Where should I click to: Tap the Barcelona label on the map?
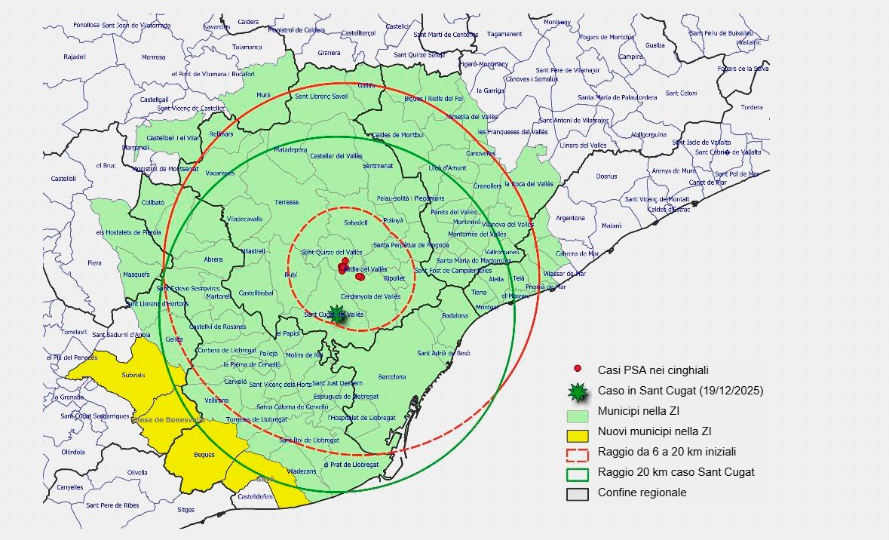click(391, 377)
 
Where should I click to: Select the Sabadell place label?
click(355, 223)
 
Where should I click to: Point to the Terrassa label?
click(287, 202)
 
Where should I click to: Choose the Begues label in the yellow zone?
click(204, 455)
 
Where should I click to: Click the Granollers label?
click(487, 186)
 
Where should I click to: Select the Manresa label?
click(153, 57)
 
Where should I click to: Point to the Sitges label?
click(185, 510)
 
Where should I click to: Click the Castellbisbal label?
click(255, 293)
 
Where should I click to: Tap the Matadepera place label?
click(291, 150)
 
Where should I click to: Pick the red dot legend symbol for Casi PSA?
click(578, 369)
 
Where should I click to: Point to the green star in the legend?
click(578, 391)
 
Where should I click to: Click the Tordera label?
click(751, 107)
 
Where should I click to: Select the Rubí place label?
click(290, 275)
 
